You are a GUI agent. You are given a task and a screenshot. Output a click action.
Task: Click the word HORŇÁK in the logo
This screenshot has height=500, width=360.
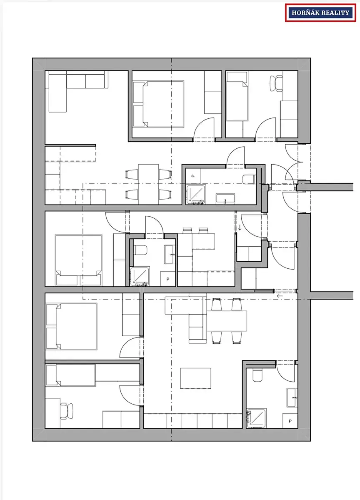[305, 13]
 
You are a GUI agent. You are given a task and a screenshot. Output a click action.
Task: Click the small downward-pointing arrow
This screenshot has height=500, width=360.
[240, 227]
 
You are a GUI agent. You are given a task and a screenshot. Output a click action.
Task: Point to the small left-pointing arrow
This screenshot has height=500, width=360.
[280, 296]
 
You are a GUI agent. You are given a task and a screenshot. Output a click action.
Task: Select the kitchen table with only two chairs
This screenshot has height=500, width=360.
[203, 241]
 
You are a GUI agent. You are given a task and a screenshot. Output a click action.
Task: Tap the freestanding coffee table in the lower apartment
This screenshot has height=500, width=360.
[196, 378]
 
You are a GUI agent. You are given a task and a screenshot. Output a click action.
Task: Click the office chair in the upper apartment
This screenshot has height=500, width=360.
[276, 83]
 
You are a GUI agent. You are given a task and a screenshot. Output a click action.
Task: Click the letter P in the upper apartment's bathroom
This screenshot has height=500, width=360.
[193, 176]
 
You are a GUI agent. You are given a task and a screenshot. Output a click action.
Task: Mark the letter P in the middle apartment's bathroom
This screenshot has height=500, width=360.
[168, 279]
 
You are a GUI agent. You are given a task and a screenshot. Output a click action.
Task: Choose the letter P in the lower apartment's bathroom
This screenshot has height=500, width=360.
[290, 421]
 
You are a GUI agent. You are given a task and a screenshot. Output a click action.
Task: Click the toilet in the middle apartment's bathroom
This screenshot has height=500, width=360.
[140, 250]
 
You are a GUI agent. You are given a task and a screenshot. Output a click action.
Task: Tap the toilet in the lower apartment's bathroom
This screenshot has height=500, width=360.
[258, 375]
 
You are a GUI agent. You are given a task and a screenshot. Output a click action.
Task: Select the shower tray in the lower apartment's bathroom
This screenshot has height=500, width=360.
[256, 418]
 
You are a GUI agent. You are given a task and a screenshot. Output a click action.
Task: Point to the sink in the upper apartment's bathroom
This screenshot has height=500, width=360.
[225, 199]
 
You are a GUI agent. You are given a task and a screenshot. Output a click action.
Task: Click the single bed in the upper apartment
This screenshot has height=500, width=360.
[237, 96]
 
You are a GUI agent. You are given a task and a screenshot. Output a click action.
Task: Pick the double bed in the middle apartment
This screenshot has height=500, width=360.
[79, 260]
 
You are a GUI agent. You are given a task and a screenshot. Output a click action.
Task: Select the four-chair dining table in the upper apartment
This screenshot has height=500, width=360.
[148, 184]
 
